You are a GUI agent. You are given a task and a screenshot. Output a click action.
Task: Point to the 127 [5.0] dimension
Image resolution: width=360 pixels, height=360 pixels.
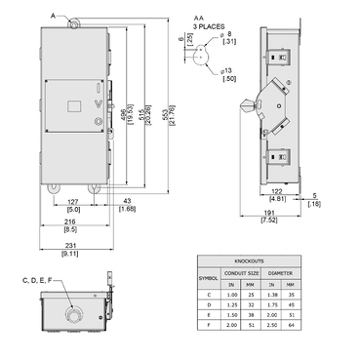point(73,203)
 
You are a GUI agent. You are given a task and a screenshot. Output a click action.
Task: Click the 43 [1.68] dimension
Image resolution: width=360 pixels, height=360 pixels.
point(127,204)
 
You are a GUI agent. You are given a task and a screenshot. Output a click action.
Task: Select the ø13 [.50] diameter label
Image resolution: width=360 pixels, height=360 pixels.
point(230,74)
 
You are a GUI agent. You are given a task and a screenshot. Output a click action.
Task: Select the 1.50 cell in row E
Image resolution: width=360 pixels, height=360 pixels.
point(232,315)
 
